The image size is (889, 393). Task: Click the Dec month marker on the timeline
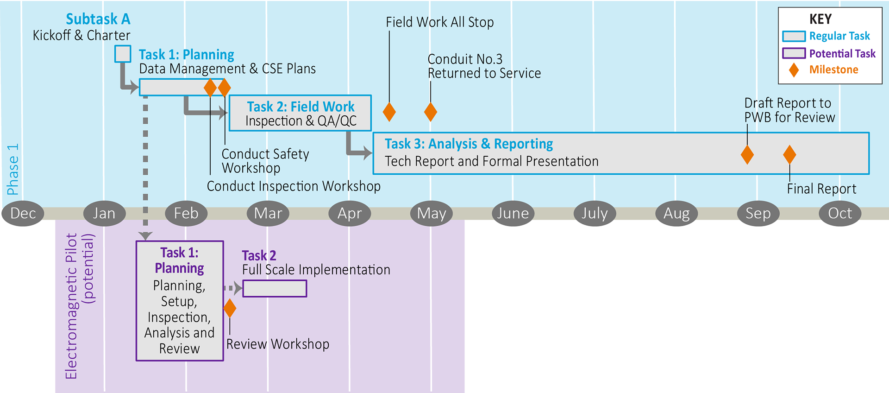coord(23,213)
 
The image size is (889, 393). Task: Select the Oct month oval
coord(839,213)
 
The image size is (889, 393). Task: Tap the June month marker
coord(513,213)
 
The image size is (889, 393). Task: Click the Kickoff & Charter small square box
coord(123,54)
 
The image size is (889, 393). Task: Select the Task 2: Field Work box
coord(300,113)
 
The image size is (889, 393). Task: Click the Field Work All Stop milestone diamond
coord(389,112)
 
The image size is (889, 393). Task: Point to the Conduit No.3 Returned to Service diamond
coord(431,112)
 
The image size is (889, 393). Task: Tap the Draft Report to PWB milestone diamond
coord(747,154)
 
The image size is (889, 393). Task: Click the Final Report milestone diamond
coord(789,154)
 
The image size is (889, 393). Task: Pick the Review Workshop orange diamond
coord(230,308)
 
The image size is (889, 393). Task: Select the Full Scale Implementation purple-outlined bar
coord(275,288)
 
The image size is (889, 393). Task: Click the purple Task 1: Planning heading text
coord(179,260)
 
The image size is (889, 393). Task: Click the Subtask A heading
coord(98,19)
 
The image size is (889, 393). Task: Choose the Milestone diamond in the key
coord(794,70)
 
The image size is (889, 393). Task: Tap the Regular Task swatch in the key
coord(794,36)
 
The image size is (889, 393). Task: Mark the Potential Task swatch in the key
coord(794,53)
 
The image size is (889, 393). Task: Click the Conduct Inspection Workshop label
coord(294,186)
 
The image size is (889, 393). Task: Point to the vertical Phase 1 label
coord(13,169)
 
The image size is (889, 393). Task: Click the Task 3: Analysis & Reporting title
coord(469,144)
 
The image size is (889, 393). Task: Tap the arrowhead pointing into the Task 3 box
coord(368,152)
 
